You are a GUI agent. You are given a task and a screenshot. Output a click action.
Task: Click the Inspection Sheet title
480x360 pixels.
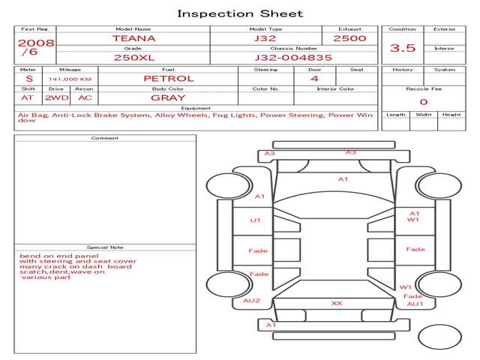(240, 13)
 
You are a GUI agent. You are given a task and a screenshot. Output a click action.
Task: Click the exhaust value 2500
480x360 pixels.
(349, 38)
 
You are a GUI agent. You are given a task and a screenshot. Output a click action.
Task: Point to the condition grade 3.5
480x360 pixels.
(403, 48)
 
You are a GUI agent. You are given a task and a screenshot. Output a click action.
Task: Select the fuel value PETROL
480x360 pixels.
(168, 78)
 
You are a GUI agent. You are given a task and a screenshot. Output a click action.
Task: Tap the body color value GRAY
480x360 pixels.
(168, 97)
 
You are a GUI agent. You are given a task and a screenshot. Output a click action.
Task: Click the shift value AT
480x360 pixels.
(28, 97)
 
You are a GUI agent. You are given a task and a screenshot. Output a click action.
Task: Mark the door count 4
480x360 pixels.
(314, 78)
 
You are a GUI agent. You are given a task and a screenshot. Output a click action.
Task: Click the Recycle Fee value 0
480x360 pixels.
(423, 101)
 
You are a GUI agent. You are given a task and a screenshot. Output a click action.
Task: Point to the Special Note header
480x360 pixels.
(105, 247)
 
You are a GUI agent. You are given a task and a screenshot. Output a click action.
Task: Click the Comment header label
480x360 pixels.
(105, 138)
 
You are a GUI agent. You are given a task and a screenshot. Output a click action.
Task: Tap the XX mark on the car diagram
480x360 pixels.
(337, 303)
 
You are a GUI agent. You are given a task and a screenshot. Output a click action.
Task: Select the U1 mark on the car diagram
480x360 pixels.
(256, 220)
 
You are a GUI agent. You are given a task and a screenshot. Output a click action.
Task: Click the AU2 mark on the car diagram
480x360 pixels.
(251, 301)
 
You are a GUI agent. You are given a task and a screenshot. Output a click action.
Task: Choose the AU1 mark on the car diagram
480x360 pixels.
(415, 304)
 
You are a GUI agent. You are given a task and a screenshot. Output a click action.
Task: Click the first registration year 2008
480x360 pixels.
(35, 42)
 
